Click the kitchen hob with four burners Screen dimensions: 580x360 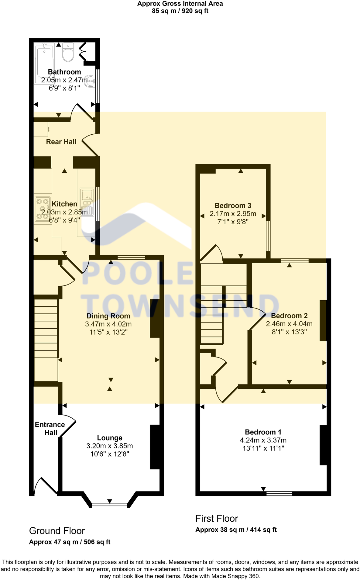(42, 209)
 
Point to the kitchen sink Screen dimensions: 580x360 (87, 197)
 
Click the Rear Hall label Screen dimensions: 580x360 (61, 142)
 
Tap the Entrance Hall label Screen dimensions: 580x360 (50, 429)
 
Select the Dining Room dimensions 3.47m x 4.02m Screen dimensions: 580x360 (108, 324)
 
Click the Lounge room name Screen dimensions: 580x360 (110, 438)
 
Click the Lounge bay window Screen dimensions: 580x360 (110, 506)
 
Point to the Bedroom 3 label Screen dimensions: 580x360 (233, 205)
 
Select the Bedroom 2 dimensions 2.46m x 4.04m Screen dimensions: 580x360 (289, 324)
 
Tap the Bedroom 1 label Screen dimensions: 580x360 (263, 432)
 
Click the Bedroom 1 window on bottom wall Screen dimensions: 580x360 (279, 493)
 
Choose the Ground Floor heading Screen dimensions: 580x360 (57, 531)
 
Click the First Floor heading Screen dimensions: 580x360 (217, 518)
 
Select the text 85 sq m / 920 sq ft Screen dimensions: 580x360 (180, 11)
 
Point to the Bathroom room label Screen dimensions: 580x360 (64, 72)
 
